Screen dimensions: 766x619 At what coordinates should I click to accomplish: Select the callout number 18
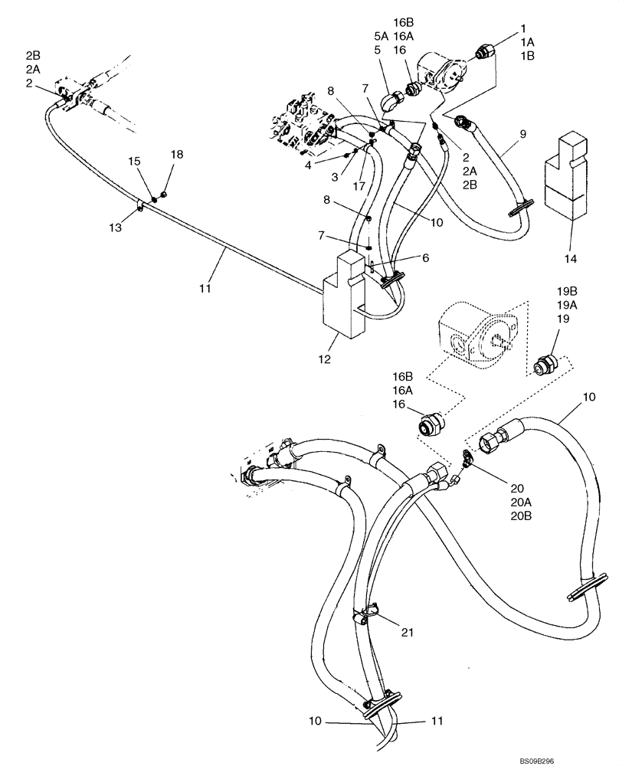177,154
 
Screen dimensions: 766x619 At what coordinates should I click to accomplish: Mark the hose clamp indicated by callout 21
367,614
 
